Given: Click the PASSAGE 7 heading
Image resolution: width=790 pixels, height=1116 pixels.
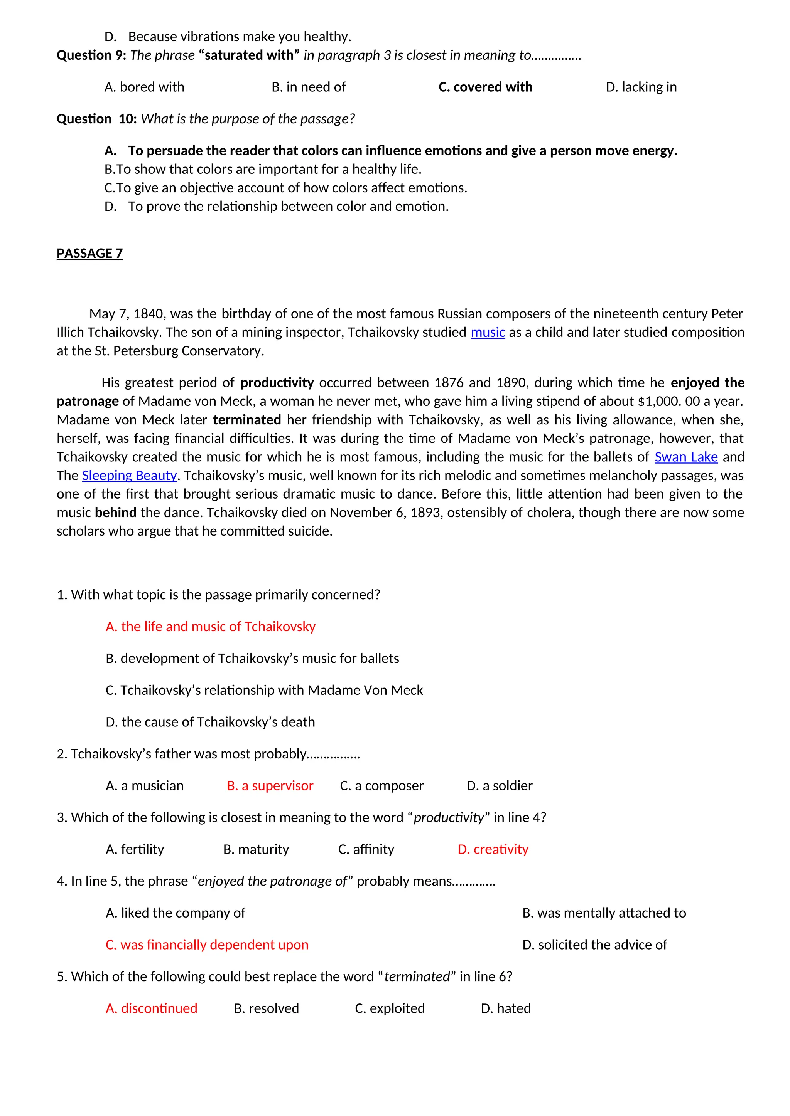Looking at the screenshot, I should pyautogui.click(x=89, y=253).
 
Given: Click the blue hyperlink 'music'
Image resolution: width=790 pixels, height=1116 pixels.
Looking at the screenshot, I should pyautogui.click(x=488, y=333).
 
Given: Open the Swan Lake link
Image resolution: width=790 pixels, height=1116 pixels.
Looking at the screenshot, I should pyautogui.click(x=686, y=457).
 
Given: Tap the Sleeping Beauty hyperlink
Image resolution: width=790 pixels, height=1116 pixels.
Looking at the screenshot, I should pyautogui.click(x=129, y=476).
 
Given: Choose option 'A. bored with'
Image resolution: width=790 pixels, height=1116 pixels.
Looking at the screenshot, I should pyautogui.click(x=145, y=87).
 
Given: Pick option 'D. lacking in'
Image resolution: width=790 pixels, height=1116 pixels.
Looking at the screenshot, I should pyautogui.click(x=641, y=87).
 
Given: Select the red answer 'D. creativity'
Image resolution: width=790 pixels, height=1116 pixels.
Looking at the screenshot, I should pyautogui.click(x=493, y=849).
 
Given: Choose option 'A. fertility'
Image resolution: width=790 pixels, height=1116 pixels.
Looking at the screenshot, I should pyautogui.click(x=135, y=849).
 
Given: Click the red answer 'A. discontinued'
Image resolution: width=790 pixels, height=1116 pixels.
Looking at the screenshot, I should pyautogui.click(x=151, y=1008).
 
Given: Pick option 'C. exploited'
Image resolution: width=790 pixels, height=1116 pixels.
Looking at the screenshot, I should pyautogui.click(x=390, y=1008).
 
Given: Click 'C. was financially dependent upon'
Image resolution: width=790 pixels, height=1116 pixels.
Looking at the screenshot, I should pyautogui.click(x=207, y=945).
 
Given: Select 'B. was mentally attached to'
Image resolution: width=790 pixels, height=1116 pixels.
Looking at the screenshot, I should pyautogui.click(x=604, y=913).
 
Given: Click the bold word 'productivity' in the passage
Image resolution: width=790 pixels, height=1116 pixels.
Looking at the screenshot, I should pyautogui.click(x=277, y=383).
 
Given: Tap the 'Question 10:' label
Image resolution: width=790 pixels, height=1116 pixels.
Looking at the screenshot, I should pyautogui.click(x=97, y=119).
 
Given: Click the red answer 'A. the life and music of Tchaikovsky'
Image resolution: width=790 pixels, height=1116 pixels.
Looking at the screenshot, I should pyautogui.click(x=211, y=627).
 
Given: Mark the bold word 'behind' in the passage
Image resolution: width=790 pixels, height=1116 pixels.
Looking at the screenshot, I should pyautogui.click(x=115, y=513).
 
